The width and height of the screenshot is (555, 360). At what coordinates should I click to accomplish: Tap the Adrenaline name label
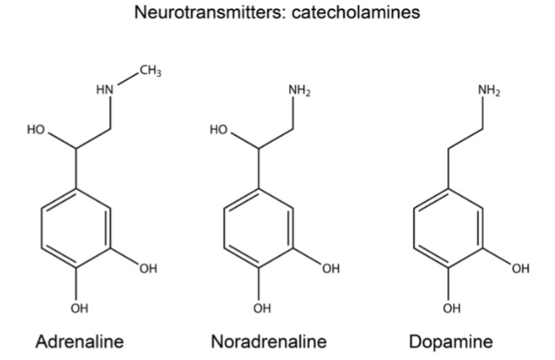pos(79,341)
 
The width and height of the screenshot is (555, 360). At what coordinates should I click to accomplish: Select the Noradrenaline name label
pos(268,341)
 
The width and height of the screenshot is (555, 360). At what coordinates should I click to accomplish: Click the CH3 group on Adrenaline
pos(151,71)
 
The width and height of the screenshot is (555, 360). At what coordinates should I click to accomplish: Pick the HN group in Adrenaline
pos(104,90)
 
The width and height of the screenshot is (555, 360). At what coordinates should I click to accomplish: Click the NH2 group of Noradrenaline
pos(299,89)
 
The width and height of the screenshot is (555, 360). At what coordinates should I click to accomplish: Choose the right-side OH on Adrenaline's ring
pos(148,268)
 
